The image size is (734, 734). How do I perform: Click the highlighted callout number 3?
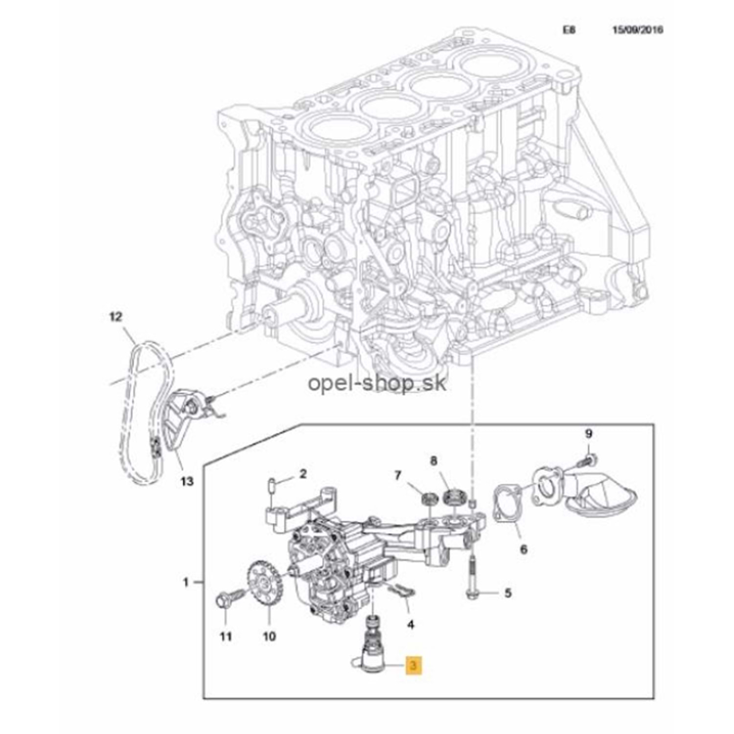pos(413,665)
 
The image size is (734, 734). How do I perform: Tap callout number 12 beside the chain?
pos(115,317)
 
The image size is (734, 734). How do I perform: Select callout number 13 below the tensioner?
pos(186,482)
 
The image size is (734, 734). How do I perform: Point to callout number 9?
pos(589,434)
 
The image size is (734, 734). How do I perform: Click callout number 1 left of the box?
pos(185,582)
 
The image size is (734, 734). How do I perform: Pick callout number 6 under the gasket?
pos(524,550)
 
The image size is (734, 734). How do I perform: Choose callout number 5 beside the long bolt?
pos(508,594)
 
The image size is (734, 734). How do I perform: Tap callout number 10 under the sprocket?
pos(269,636)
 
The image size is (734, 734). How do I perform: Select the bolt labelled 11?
pos(226,600)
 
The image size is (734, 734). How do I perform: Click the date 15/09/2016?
pos(638,30)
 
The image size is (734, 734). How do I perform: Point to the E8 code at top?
pos(569,30)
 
